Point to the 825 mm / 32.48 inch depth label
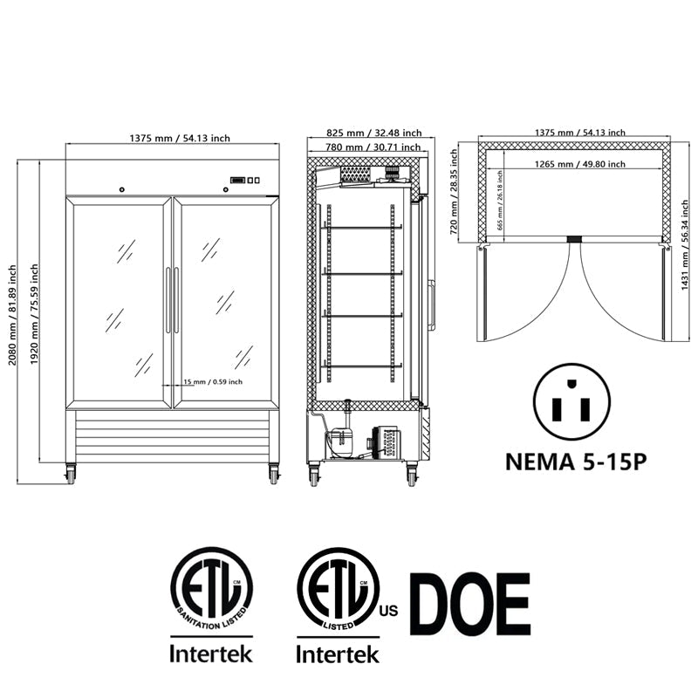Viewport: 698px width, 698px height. [x=373, y=133]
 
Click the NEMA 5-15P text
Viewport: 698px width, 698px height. [x=576, y=462]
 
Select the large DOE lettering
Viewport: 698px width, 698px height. [x=469, y=604]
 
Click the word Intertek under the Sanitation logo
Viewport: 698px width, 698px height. [x=210, y=653]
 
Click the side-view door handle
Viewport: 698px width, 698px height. [x=430, y=303]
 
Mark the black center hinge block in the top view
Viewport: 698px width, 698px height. [x=574, y=238]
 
